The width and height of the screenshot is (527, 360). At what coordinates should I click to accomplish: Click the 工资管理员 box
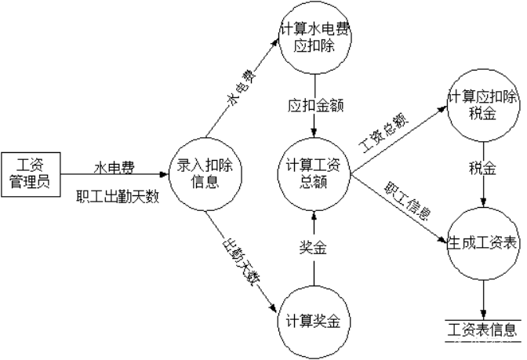click(29, 174)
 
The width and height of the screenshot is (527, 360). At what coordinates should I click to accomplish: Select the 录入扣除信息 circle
click(205, 174)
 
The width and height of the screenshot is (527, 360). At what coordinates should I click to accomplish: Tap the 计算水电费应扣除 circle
click(314, 39)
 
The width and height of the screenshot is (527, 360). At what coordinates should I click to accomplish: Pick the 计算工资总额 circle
click(314, 174)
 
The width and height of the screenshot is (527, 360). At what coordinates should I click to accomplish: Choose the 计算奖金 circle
click(314, 321)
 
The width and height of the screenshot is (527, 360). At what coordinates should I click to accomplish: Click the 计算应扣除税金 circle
click(483, 106)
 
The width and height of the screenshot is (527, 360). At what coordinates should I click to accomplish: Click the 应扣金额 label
click(310, 105)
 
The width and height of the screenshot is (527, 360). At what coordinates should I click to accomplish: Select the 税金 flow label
click(482, 168)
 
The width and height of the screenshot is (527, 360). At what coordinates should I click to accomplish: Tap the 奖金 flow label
click(313, 249)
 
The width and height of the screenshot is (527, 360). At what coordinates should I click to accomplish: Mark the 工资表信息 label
click(482, 329)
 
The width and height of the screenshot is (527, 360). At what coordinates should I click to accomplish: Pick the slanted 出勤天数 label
click(238, 261)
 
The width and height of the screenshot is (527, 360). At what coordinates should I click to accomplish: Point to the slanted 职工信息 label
click(406, 202)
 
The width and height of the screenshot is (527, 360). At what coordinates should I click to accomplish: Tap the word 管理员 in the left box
click(29, 184)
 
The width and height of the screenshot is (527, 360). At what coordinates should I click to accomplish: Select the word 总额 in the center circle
click(314, 183)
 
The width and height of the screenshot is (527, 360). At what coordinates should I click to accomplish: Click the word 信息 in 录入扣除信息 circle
click(205, 184)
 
